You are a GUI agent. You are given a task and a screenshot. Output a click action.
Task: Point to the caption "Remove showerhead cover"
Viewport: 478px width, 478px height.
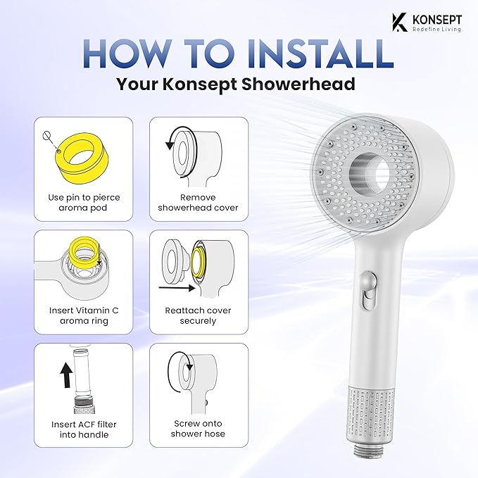pos(199,203)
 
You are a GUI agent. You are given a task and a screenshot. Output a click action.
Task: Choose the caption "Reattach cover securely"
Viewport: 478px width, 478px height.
pos(199,316)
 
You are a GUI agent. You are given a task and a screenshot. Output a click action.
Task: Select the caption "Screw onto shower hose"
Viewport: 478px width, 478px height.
pos(199,429)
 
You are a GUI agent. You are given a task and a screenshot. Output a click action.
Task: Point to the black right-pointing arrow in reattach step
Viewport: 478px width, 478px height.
pos(175,287)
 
